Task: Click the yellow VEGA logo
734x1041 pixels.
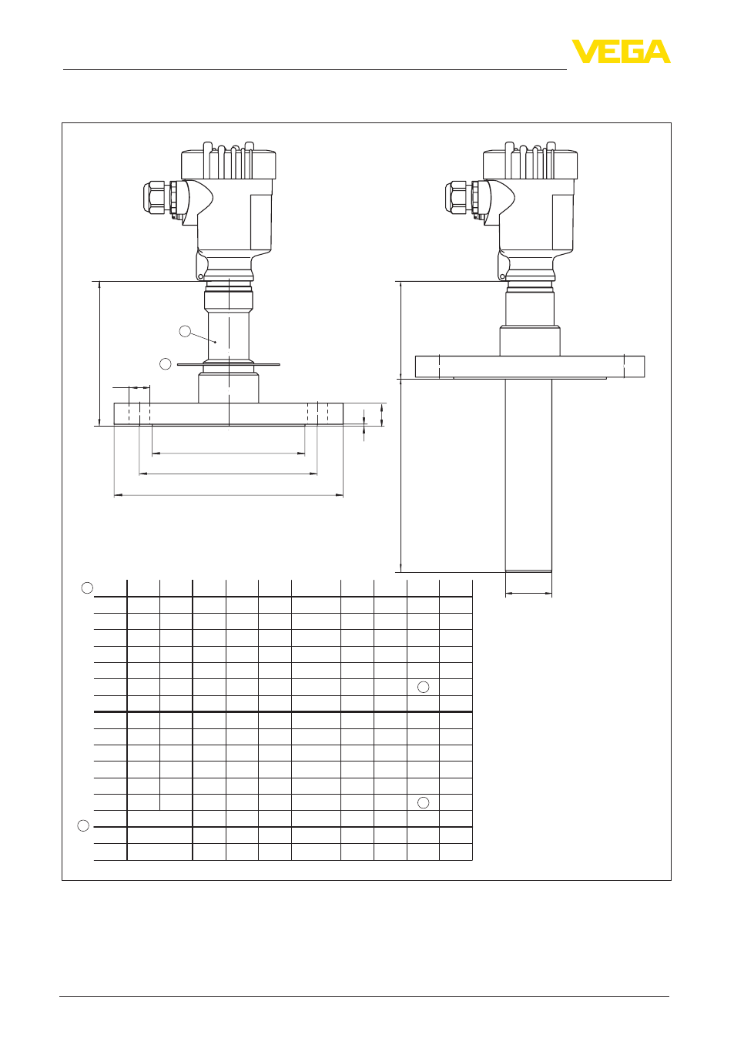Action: click(621, 52)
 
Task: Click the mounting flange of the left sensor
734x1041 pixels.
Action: click(229, 413)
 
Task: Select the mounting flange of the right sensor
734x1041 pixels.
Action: click(530, 367)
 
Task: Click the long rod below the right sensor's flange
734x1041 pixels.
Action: click(528, 475)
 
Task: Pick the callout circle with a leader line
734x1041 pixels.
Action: click(185, 331)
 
